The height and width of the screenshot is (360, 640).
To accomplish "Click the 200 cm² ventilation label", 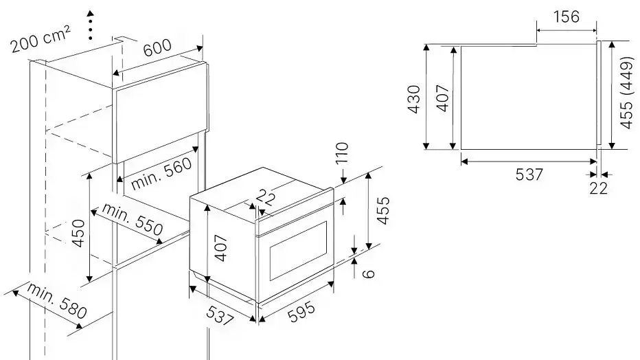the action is tap(41, 39).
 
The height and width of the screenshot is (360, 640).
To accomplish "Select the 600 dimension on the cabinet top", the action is tap(157, 47).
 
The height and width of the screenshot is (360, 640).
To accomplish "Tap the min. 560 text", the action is tap(161, 173).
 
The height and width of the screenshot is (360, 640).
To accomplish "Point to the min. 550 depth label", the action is tap(133, 218).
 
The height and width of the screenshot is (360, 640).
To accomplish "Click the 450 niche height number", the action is tap(78, 233).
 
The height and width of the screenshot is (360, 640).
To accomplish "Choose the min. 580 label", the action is tap(57, 300).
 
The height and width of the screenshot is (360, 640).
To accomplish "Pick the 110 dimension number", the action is tap(342, 153).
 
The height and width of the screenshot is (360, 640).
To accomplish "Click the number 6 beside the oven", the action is tap(368, 273).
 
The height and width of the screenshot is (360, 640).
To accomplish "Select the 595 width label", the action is tap(301, 312).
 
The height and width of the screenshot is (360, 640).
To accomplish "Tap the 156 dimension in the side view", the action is tap(567, 16).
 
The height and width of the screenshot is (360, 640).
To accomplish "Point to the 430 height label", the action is tap(414, 99).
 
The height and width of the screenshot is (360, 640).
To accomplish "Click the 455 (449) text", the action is tap(626, 93).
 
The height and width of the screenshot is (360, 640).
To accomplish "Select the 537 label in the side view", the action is tap(529, 175).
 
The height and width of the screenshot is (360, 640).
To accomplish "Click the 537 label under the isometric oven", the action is tap(220, 315).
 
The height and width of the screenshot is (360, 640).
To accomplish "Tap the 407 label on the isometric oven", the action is tap(220, 248).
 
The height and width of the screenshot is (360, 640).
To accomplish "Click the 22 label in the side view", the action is tap(599, 188).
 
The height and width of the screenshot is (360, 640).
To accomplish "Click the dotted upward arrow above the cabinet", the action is tap(90, 25).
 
